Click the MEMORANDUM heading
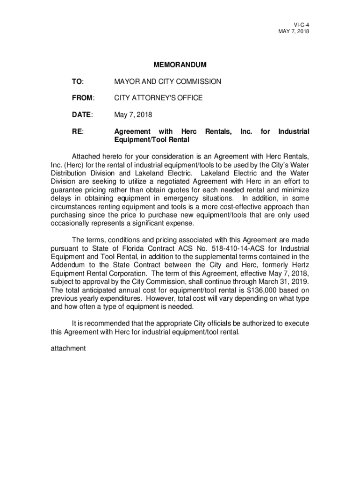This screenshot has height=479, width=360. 180,65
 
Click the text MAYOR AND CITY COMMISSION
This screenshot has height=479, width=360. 168,81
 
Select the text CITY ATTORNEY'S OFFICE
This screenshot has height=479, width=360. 158,98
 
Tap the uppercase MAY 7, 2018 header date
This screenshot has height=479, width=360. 294,31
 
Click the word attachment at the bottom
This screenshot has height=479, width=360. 68,348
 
